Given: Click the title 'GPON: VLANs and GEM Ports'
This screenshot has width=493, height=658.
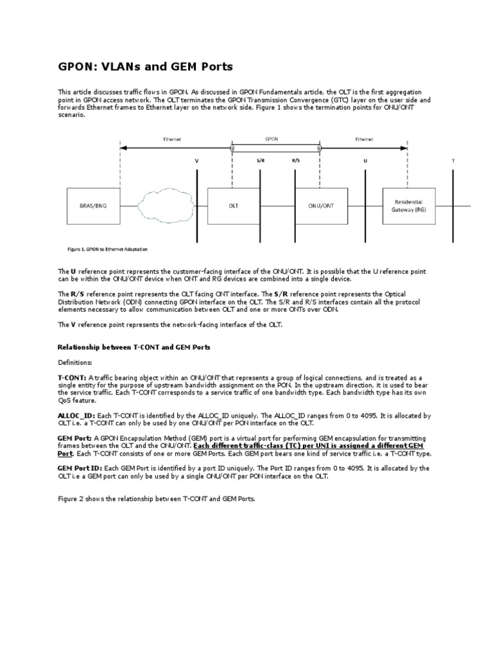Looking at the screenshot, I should click(x=145, y=66).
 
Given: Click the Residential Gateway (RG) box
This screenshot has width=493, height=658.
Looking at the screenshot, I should click(x=408, y=206).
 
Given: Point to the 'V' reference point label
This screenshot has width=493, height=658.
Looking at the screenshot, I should click(x=196, y=161).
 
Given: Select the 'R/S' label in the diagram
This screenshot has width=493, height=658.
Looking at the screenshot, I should click(x=296, y=161).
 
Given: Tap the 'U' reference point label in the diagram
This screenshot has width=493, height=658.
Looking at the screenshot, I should click(x=365, y=161).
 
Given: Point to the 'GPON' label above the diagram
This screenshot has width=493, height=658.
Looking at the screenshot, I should click(x=272, y=138).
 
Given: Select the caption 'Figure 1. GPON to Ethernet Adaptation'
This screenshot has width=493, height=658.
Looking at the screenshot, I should click(x=110, y=249).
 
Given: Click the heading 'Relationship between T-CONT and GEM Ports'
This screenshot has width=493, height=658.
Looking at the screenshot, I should click(x=134, y=346).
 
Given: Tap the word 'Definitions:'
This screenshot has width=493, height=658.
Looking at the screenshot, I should click(x=75, y=362).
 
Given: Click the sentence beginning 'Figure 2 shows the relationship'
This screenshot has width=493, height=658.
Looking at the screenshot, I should click(x=157, y=499).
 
